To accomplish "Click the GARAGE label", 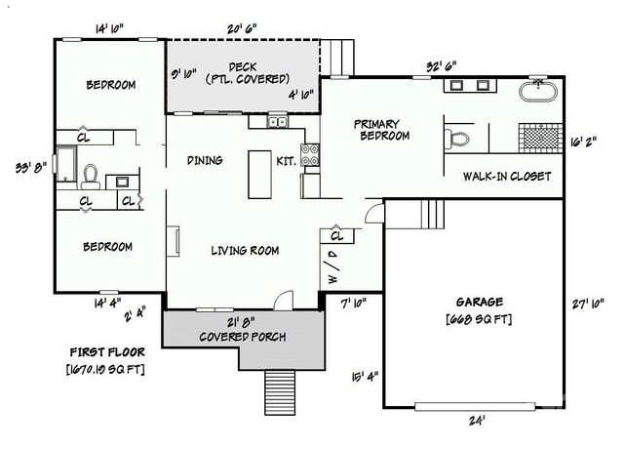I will [478, 302].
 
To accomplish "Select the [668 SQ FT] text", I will [478, 319].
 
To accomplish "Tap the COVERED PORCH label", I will [243, 337].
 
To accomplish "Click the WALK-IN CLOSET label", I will [507, 177].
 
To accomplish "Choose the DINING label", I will [205, 161].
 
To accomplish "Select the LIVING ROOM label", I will [245, 251].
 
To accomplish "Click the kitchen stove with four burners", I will [311, 153].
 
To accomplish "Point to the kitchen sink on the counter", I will [277, 122].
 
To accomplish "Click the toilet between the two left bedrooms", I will [90, 175].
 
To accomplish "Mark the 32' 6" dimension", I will [442, 67].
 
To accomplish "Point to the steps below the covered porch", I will [280, 393].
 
